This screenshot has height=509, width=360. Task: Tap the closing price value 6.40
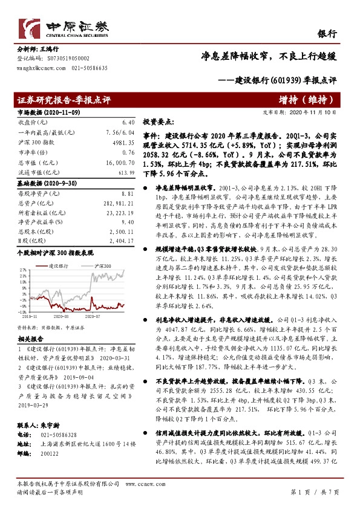coord(127,122)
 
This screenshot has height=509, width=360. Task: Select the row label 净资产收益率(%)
coord(38,222)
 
